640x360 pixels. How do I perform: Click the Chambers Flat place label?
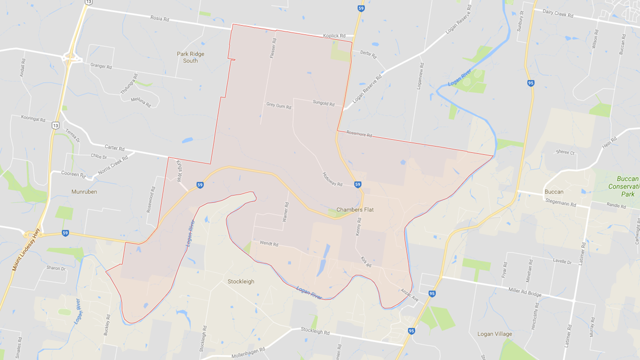[x=356, y=210]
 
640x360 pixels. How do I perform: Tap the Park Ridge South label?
[x=190, y=57]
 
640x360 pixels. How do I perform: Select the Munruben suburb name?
[x=84, y=191]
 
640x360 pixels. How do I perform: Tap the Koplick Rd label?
[x=334, y=36]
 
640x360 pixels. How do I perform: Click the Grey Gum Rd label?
[x=278, y=105]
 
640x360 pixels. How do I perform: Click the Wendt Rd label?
[x=268, y=244]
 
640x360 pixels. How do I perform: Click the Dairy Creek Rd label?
[x=557, y=14]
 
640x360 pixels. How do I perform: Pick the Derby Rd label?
[x=367, y=53]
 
